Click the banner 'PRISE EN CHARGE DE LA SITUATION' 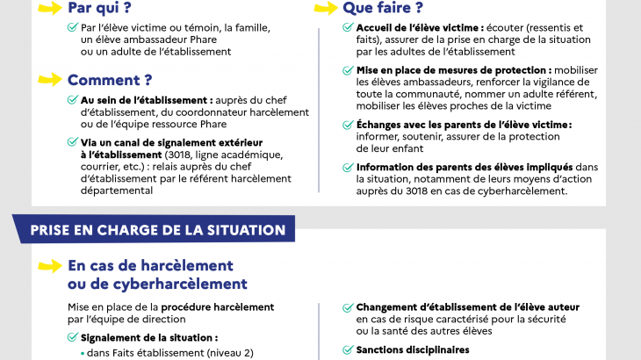158,230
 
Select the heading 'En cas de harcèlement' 150,265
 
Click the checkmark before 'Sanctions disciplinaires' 349,350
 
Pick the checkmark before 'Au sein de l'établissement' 73,100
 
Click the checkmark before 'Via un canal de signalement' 73,142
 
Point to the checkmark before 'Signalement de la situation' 73,337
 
